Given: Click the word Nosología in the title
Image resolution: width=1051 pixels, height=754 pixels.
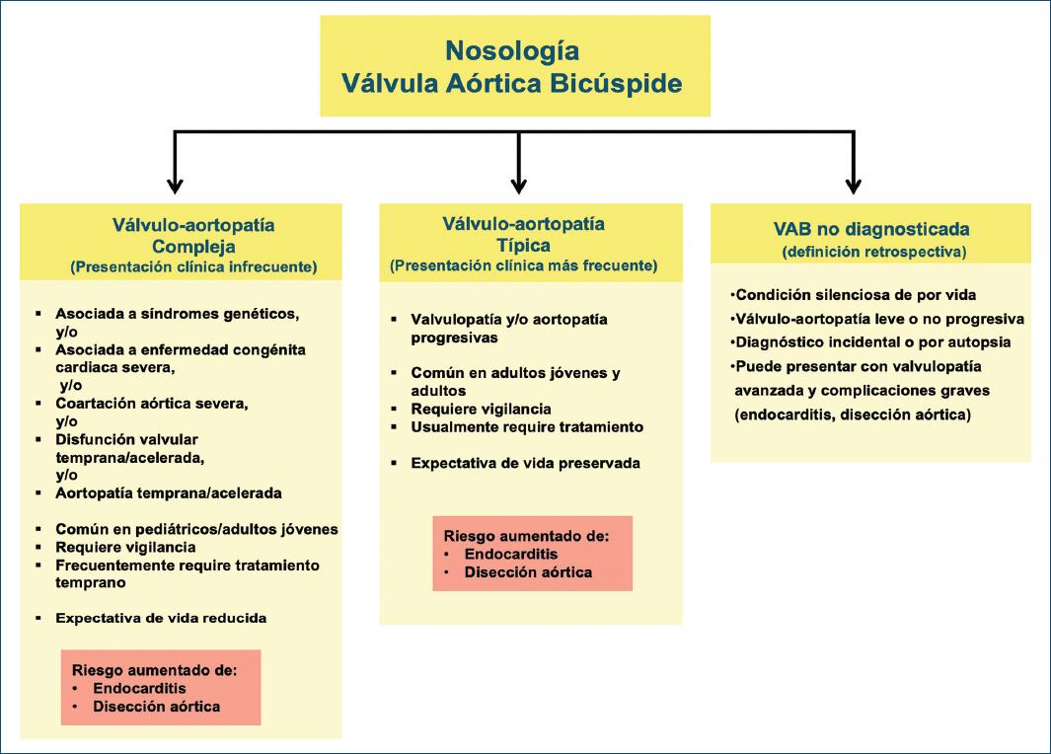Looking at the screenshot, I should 511,50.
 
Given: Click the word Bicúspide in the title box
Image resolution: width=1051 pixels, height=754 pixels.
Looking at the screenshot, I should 622,83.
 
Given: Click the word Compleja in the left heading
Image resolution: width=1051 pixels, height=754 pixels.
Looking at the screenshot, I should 193,246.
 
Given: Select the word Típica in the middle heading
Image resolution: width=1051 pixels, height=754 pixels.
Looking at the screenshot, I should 524,245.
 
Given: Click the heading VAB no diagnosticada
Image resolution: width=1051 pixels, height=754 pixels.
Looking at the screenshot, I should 871,229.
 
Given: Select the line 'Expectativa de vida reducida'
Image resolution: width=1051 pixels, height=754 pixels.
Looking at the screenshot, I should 161,618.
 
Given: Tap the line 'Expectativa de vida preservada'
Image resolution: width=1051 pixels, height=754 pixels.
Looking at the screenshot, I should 526,463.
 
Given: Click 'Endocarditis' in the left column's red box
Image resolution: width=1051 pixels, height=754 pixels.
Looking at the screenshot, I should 139,688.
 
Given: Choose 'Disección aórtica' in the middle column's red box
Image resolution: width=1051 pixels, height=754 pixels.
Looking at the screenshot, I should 528,572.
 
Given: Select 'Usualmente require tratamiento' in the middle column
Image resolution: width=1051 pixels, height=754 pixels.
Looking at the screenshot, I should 527,426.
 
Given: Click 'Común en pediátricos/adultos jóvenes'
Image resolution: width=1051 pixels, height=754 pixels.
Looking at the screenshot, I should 196,529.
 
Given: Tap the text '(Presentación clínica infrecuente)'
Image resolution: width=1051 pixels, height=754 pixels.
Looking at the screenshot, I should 192,266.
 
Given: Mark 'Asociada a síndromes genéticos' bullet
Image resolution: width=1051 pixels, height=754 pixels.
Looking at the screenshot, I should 178,314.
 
